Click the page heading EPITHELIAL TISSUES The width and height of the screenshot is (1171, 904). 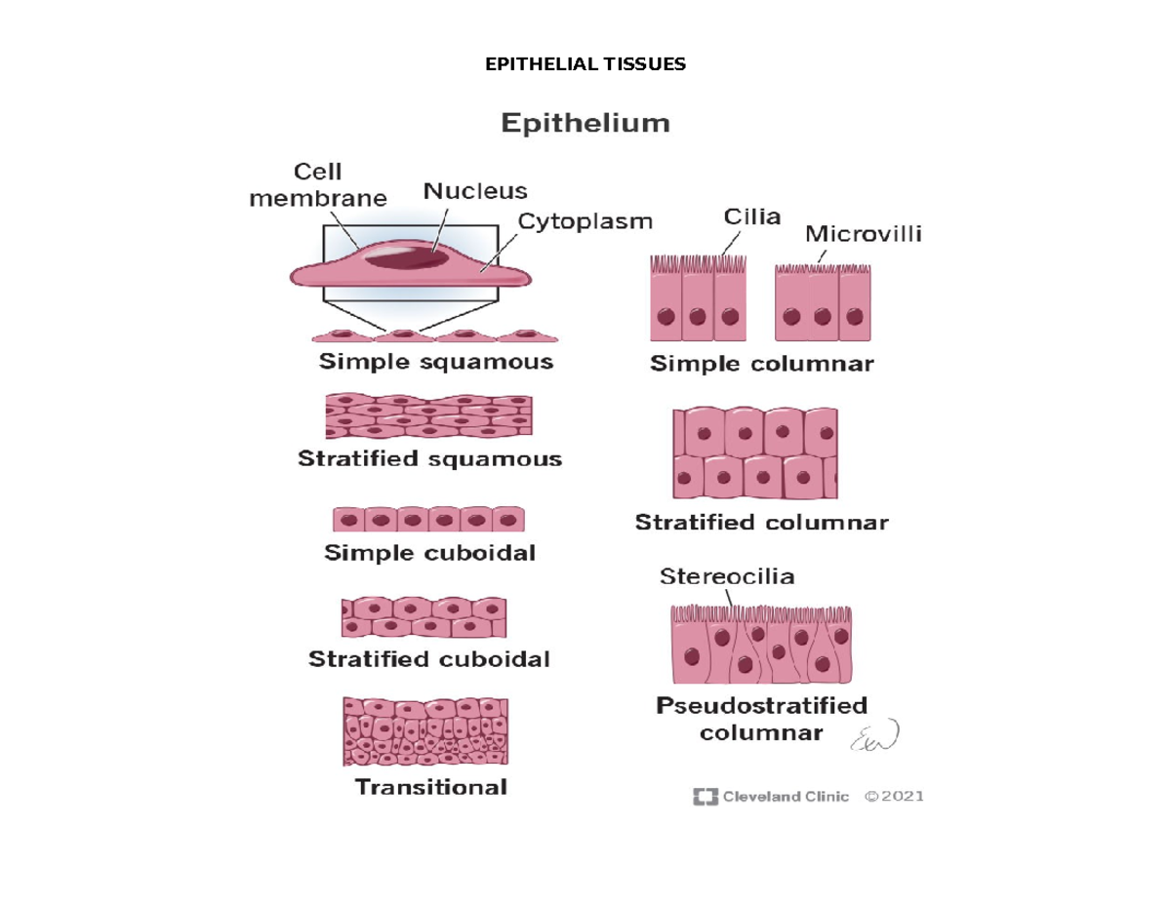585,65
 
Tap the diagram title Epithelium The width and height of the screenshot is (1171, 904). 585,125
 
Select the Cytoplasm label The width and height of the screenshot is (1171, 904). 585,222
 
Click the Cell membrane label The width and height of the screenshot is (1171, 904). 318,186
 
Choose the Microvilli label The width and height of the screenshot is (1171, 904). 864,234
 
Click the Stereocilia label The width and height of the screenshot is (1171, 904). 727,576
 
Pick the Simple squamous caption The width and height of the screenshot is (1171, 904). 436,363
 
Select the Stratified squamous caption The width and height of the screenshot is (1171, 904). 429,458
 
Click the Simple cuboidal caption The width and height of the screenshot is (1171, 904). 429,554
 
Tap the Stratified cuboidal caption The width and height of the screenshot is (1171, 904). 429,659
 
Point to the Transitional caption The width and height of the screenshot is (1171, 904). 430,786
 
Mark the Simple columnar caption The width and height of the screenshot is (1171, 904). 761,366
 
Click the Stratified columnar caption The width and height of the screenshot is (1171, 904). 761,523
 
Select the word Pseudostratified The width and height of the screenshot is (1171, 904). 761,705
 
